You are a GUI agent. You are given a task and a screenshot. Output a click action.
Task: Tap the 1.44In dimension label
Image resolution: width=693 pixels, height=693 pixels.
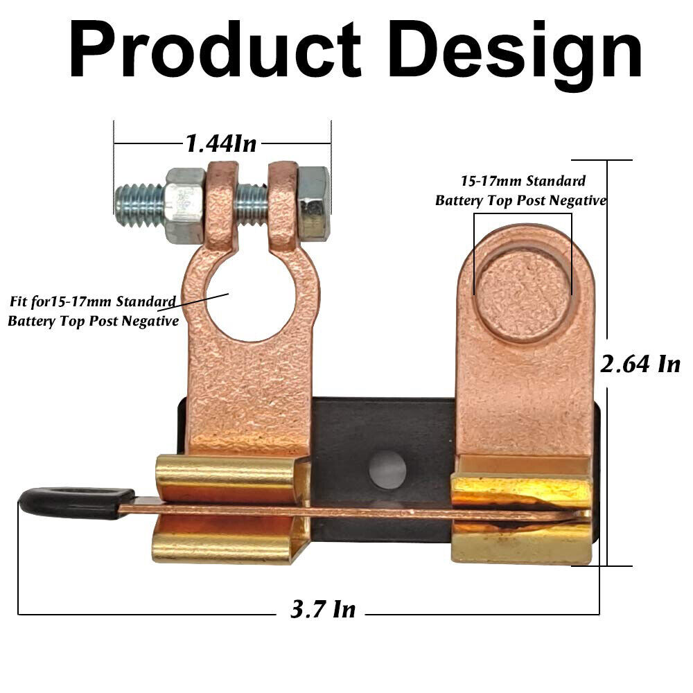(220, 143)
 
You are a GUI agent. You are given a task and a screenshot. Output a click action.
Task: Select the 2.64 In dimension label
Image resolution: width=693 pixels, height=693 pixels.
(640, 363)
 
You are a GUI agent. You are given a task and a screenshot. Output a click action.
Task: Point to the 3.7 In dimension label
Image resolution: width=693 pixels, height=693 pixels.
(322, 609)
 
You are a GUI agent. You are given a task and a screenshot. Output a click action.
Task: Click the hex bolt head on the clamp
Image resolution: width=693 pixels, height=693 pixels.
(313, 202)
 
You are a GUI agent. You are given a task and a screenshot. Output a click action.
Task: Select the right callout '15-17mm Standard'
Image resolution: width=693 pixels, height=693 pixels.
(523, 182)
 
